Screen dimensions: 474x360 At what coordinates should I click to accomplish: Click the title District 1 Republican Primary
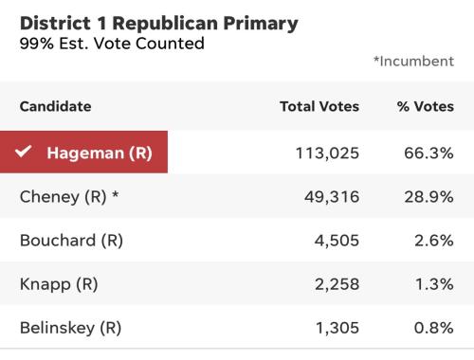159,24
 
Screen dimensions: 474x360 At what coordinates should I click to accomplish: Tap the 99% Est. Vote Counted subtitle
112,44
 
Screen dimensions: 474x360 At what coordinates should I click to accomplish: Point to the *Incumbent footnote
413,62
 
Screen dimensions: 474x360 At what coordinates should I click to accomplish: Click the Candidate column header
56,106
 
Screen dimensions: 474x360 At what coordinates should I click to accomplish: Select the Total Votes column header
319,106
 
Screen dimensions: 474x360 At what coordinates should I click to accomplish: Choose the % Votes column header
426,106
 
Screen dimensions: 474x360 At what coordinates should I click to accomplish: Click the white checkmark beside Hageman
24,152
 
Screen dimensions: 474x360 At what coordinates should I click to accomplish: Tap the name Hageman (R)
100,153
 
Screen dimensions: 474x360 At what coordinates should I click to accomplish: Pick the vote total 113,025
327,153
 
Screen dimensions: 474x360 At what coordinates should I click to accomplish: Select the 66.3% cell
428,153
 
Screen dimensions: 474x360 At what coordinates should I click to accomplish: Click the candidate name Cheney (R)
63,197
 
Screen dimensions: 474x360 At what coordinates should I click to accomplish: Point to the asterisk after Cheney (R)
116,194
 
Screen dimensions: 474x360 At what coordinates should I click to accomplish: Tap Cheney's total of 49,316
332,197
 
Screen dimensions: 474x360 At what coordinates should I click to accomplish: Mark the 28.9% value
428,197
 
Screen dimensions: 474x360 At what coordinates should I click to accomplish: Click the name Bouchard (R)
71,241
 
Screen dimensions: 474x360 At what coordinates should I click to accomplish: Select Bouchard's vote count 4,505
337,241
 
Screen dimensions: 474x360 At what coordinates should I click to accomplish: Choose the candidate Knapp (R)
59,284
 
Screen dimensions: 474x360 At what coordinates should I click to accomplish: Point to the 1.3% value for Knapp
434,284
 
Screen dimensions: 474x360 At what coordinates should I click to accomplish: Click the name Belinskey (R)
70,328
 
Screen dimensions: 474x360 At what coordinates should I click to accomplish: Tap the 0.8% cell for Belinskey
433,328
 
